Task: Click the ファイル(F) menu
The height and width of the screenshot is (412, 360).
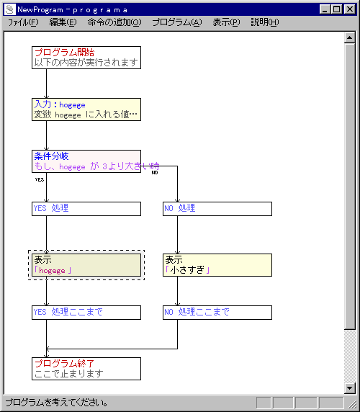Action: [23, 22]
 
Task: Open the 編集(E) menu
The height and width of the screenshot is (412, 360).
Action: [63, 22]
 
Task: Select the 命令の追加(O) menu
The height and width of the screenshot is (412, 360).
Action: [114, 22]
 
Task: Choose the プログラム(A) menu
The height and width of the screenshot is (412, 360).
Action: [177, 22]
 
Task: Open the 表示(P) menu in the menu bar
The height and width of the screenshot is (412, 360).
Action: [226, 22]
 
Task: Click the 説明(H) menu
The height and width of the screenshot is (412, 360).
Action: [265, 22]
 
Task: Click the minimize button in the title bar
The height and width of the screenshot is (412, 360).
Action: [325, 9]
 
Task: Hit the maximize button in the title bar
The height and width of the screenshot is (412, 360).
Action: [336, 9]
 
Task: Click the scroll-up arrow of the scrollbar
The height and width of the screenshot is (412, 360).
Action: [349, 38]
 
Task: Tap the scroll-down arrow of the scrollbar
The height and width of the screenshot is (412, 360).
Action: [349, 388]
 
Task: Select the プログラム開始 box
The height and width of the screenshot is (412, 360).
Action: [86, 58]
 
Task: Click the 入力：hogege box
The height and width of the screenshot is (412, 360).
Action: [86, 109]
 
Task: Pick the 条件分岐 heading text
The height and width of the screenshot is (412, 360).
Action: [51, 156]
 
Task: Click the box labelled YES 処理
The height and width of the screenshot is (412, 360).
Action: [86, 209]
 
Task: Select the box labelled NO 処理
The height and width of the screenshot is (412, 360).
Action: [217, 209]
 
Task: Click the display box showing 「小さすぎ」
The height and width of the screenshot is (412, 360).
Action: [217, 265]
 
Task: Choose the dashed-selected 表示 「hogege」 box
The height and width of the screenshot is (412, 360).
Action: [86, 265]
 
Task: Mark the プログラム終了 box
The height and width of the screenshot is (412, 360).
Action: [86, 369]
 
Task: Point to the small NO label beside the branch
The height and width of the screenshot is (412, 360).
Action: [155, 173]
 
